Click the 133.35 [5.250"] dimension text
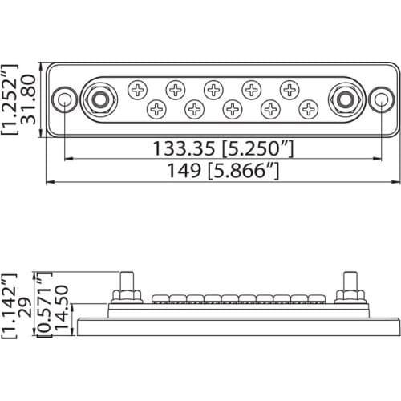[x=221, y=148]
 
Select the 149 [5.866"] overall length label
[x=222, y=170]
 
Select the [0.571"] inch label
[x=46, y=308]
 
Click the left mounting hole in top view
[x=63, y=99]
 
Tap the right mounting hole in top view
[x=382, y=99]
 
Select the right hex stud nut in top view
[x=346, y=99]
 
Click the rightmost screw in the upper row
[x=290, y=89]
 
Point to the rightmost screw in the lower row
[x=309, y=107]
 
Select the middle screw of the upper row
[x=213, y=89]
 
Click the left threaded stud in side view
[x=127, y=285]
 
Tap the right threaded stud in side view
[x=350, y=285]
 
